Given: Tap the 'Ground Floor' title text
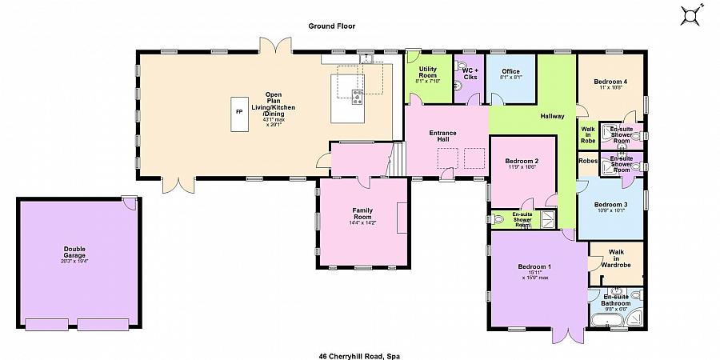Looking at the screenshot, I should pyautogui.click(x=332, y=26).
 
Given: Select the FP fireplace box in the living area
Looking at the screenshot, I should pyautogui.click(x=238, y=114).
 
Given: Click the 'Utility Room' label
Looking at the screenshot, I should pyautogui.click(x=427, y=74).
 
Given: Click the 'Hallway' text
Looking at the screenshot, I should pyautogui.click(x=552, y=117).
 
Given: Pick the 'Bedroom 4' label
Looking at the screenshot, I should pyautogui.click(x=610, y=82).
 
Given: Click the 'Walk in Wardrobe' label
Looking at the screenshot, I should pyautogui.click(x=615, y=257).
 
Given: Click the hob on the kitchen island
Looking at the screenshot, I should pyautogui.click(x=356, y=98).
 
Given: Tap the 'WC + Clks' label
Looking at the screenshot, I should pyautogui.click(x=470, y=74).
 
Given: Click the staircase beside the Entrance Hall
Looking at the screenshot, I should pyautogui.click(x=397, y=160).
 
